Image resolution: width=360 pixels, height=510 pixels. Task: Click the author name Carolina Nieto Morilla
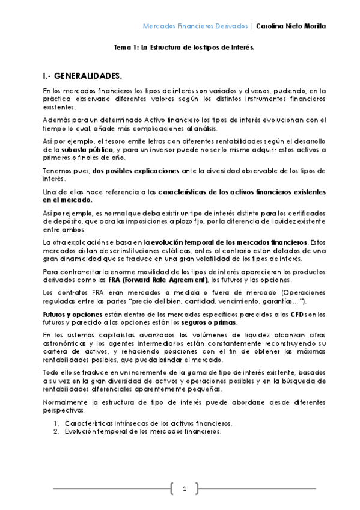pos(290,26)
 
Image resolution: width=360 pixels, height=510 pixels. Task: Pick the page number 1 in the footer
pos(185,488)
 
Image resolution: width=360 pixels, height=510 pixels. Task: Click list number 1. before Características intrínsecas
pos(56,423)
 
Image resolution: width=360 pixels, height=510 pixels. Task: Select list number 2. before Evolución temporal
pos(56,431)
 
